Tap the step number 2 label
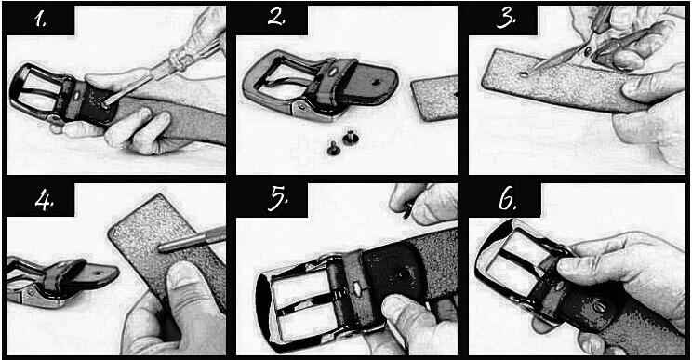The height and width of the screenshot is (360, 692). click(277, 17)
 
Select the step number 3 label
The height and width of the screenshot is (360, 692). click(506, 19)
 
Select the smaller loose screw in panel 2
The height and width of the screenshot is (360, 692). click(333, 150)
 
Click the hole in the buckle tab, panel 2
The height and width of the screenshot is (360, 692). click(375, 82)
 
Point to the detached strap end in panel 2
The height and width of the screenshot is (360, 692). click(434, 98)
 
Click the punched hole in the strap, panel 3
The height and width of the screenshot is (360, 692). click(523, 73)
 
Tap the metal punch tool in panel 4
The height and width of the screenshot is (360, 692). click(192, 240)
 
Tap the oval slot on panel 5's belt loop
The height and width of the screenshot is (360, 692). click(355, 290)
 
